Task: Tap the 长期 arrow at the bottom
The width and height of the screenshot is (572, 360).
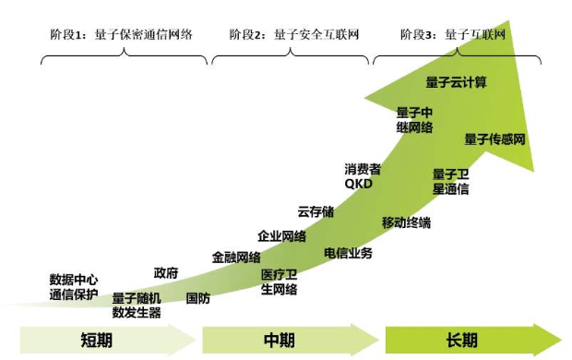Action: point(473,340)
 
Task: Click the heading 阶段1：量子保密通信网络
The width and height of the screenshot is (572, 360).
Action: point(121,35)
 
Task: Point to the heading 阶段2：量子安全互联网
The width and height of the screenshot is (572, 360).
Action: point(294,35)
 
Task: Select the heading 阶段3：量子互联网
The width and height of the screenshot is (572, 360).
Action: point(453,35)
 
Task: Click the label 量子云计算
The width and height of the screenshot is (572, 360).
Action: point(456,82)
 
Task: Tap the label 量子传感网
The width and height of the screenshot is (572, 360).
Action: point(495,139)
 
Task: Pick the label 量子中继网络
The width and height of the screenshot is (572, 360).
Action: point(414,120)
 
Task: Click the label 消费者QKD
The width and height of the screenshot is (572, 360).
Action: point(363,176)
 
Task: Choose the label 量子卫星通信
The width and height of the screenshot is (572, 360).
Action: point(450,182)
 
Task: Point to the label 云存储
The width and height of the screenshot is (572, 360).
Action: point(316,211)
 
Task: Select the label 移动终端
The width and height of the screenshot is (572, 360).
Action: point(406,222)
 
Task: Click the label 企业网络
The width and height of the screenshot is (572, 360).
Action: point(282,236)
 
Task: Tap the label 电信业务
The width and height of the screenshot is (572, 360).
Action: point(348,253)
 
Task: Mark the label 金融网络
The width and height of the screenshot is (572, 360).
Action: point(236,258)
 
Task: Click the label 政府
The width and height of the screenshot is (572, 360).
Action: point(166,272)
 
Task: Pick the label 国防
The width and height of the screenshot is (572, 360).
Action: point(198,298)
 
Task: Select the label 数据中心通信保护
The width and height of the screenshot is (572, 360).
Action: point(74,287)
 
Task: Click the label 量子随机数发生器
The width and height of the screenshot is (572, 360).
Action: point(137,306)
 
